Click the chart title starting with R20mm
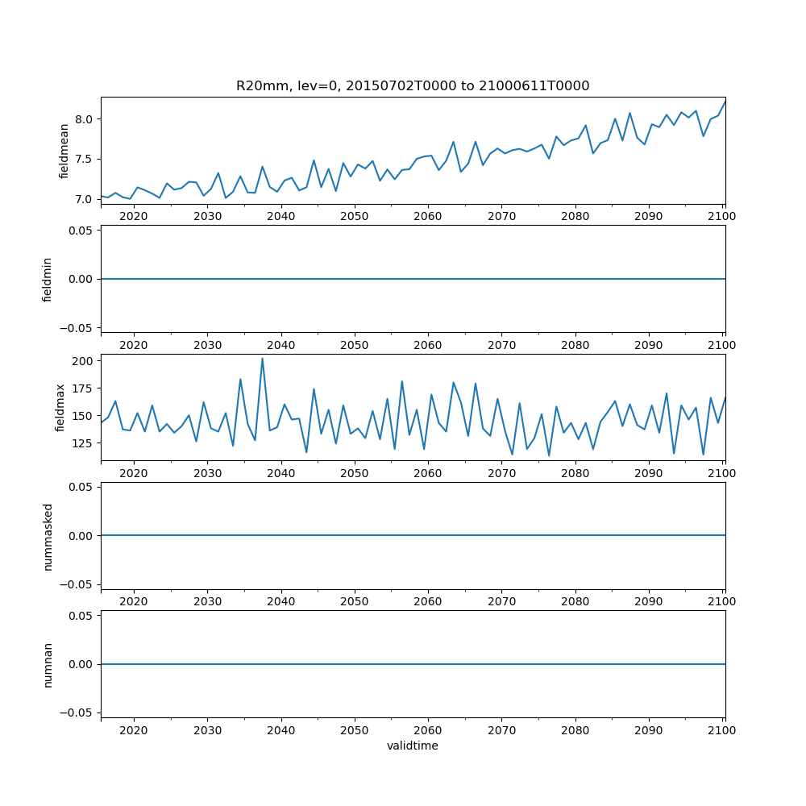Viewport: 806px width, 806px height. point(413,85)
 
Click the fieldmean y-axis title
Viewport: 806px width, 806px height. point(64,151)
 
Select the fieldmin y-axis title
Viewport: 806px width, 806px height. point(48,279)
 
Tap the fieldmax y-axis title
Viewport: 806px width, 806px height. point(60,407)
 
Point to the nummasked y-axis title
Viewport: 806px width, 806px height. point(48,535)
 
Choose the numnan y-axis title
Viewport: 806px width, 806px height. point(48,664)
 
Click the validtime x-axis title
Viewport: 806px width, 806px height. point(413,746)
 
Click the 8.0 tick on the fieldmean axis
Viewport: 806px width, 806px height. point(83,119)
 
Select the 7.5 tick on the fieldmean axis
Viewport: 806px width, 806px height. point(83,159)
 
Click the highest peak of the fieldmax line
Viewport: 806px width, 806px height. point(262,359)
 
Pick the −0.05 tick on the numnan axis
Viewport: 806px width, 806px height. point(77,713)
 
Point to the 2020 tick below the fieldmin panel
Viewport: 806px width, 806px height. point(133,345)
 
